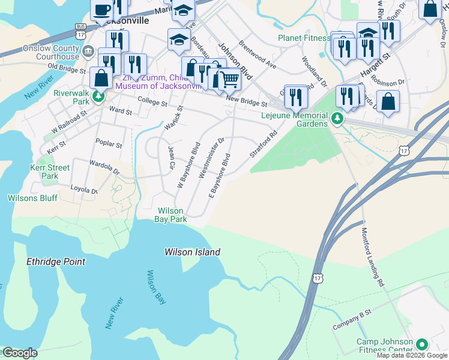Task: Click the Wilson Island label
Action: click(x=192, y=253)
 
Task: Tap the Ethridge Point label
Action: click(x=56, y=262)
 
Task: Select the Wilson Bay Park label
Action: click(x=172, y=215)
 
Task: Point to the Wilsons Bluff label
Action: click(x=31, y=198)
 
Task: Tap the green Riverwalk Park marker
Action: click(x=98, y=96)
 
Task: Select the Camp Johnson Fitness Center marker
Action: click(x=422, y=345)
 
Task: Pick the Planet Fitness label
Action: click(x=304, y=38)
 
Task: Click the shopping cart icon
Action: click(x=229, y=79)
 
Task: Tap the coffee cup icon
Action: click(x=103, y=10)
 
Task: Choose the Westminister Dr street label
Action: click(x=211, y=158)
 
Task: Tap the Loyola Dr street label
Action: click(x=84, y=191)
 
